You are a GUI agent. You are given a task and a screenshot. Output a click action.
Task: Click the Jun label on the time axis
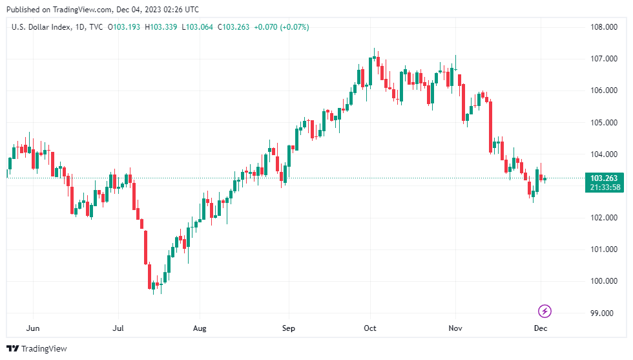[32, 328]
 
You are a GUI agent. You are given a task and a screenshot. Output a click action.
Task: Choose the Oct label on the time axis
[370, 328]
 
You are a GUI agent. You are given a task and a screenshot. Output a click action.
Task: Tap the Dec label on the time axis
[541, 328]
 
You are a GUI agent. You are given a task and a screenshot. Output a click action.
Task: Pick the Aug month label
[200, 328]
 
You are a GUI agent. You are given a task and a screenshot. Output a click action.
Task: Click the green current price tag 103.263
[603, 178]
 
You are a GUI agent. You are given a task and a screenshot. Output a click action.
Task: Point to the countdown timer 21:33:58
[603, 187]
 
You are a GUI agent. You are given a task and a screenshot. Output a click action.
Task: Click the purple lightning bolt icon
[545, 312]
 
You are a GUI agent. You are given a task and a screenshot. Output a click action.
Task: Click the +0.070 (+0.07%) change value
[282, 26]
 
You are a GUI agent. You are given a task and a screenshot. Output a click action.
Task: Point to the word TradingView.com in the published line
[71, 10]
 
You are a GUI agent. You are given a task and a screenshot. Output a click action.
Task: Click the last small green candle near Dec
[545, 179]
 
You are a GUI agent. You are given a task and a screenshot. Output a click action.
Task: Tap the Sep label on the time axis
[288, 328]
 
